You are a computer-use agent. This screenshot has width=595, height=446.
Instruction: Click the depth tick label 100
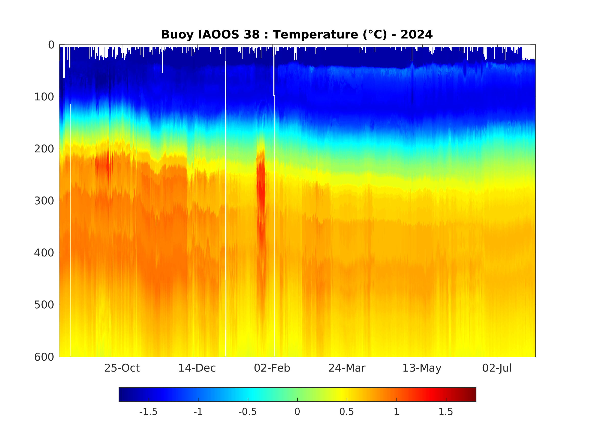tap(44, 97)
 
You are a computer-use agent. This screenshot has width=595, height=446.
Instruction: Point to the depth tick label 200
tap(44, 149)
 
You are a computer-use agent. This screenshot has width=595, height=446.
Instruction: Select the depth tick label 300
tap(44, 201)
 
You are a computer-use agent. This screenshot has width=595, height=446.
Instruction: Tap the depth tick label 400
tap(44, 253)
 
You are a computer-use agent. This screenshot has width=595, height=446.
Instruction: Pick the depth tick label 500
tap(44, 305)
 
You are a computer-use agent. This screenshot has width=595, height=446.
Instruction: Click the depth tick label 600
tap(44, 357)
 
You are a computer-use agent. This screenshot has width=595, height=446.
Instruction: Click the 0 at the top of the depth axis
tap(51, 45)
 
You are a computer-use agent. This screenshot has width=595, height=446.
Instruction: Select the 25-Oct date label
tap(122, 368)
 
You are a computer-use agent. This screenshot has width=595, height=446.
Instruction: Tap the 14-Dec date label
tap(197, 368)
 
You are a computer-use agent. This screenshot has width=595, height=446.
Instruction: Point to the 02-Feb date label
tap(272, 368)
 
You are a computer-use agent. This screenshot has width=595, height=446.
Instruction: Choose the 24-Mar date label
tap(347, 368)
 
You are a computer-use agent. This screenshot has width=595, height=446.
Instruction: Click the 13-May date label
tap(422, 368)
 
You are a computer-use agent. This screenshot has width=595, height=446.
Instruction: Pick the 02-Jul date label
tap(497, 368)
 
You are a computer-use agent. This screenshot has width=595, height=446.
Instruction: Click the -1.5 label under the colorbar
tap(148, 412)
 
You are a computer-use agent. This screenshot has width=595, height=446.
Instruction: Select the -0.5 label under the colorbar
tap(247, 412)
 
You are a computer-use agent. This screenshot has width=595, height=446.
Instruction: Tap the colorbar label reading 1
tap(396, 412)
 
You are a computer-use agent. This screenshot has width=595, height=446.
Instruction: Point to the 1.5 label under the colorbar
tap(446, 412)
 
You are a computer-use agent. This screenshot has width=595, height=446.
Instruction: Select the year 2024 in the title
tap(416, 35)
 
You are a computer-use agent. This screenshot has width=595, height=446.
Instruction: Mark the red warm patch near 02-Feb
tap(261, 188)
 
